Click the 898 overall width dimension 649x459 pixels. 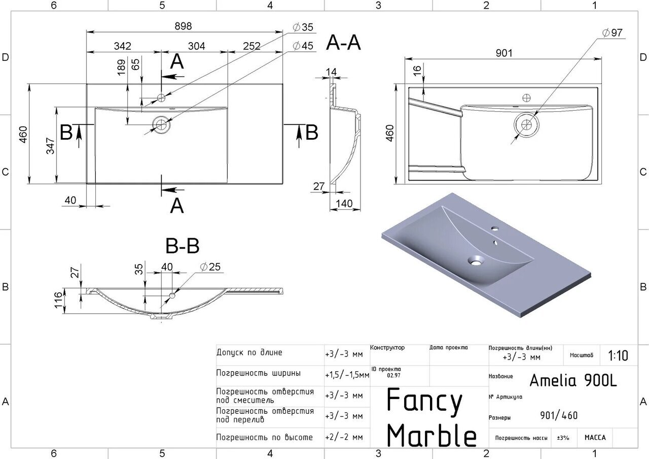183,26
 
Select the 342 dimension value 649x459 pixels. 122,46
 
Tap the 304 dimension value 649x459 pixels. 196,46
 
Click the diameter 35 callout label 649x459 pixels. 303,27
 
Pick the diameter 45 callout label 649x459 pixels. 303,46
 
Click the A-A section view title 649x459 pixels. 343,44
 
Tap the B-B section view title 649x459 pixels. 183,246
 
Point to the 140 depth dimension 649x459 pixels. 344,204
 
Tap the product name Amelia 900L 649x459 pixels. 573,380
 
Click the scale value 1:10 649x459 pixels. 618,356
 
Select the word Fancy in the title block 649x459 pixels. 425,401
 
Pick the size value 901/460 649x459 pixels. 559,416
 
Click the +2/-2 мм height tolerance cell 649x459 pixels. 344,437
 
